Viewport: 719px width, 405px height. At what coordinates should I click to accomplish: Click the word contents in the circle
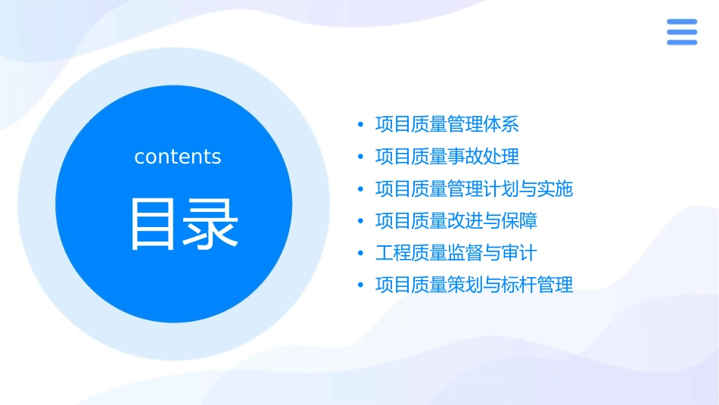tap(178, 157)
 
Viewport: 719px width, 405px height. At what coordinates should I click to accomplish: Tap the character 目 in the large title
tap(154, 224)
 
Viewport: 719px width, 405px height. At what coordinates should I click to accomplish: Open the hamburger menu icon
tap(681, 32)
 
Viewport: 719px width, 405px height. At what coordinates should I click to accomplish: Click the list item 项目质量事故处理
tap(447, 157)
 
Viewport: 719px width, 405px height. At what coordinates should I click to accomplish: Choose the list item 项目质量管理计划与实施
tap(475, 188)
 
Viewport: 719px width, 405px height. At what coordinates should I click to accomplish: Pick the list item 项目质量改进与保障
tap(456, 221)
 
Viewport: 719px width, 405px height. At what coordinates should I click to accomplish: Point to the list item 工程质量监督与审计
tap(456, 253)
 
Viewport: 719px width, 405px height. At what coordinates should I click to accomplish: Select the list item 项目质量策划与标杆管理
tap(475, 285)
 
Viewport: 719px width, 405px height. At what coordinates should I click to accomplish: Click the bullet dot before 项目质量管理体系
tap(361, 125)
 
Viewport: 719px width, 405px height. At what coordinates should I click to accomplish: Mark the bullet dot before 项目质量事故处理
tap(361, 157)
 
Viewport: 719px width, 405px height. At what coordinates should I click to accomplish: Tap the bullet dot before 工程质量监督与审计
tap(361, 253)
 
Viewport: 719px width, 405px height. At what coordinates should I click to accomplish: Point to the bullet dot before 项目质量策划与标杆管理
tap(361, 285)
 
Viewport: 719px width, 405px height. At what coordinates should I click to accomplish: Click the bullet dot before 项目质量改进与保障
tap(361, 221)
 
